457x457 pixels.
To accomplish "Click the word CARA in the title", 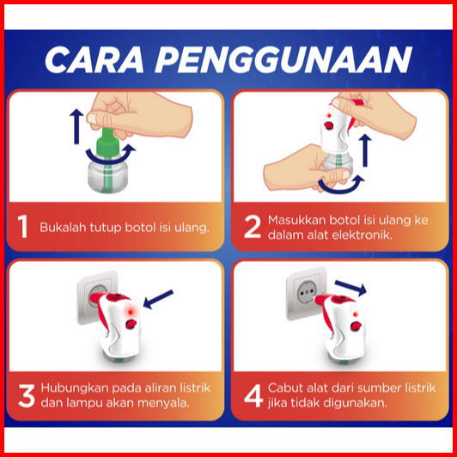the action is click(94, 60).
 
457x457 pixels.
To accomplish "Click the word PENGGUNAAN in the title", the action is click(283, 60).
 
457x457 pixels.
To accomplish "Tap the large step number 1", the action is click(22, 227).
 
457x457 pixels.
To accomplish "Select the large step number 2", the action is click(252, 227).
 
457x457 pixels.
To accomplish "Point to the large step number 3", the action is click(27, 395).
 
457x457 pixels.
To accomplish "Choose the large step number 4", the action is click(253, 395).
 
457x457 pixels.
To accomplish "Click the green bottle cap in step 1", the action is click(107, 143).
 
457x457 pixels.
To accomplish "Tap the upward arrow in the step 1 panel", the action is click(76, 126).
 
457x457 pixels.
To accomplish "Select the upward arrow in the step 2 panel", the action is click(364, 150).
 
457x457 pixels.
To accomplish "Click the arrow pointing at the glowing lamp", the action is click(158, 299).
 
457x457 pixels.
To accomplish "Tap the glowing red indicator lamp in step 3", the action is click(131, 312).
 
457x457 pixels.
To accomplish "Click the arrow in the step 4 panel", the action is click(350, 288).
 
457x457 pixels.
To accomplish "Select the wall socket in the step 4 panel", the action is click(306, 293).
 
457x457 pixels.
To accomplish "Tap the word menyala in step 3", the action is click(163, 404).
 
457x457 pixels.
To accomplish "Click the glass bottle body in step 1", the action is click(108, 176).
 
